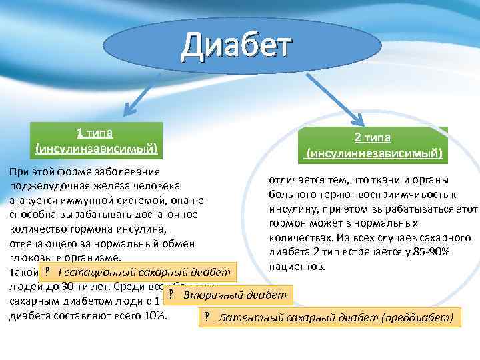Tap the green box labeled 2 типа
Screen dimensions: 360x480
373,145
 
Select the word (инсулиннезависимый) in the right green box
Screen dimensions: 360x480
374,153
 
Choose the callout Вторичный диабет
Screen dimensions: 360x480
227,295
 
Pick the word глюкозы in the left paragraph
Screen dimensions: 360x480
30,258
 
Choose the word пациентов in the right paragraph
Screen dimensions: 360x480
297,267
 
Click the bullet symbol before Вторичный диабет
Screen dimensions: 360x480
171,295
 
